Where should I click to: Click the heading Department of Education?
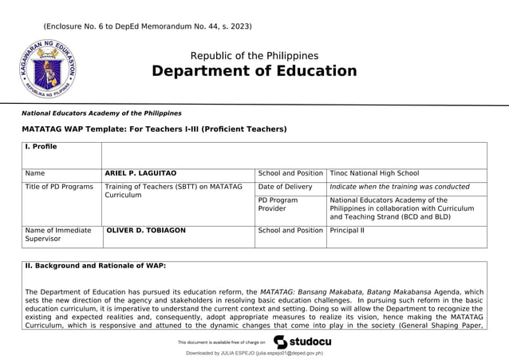point(254,71)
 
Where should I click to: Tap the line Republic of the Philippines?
point(254,56)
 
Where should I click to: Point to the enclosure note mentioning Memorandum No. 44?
point(148,26)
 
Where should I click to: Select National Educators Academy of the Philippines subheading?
point(101,113)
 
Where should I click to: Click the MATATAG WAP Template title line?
point(154,129)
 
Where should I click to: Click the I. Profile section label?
point(41,147)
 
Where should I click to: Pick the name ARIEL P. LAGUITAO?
point(140,173)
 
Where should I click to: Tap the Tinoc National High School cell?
point(374,173)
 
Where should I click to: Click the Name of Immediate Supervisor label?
point(58,235)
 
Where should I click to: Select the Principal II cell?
point(347,231)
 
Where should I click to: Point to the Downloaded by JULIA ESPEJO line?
point(254,353)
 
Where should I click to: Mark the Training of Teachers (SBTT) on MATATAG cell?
point(173,191)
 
